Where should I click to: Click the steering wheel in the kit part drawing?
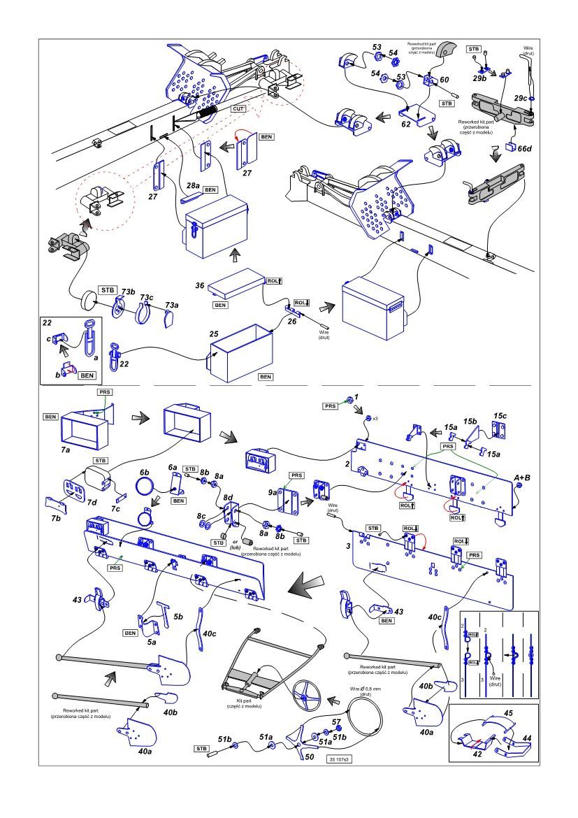pyautogui.click(x=305, y=696)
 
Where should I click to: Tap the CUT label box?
pyautogui.click(x=240, y=109)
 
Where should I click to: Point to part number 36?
pyautogui.click(x=200, y=286)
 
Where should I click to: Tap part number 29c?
pyautogui.click(x=519, y=99)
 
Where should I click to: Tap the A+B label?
pyautogui.click(x=523, y=478)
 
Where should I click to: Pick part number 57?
pyautogui.click(x=335, y=722)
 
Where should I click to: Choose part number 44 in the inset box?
pyautogui.click(x=526, y=738)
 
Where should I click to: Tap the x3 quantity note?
pyautogui.click(x=375, y=418)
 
